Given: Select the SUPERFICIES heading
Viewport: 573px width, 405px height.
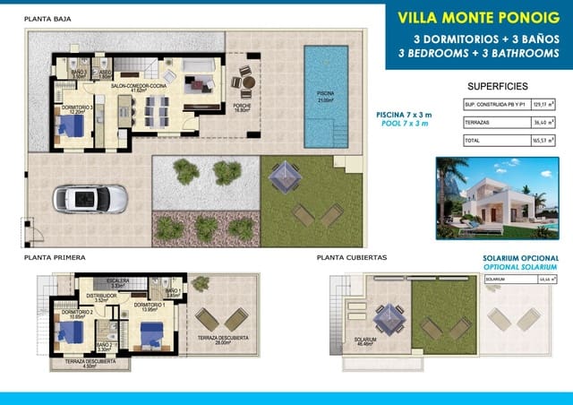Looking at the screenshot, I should click(x=499, y=86).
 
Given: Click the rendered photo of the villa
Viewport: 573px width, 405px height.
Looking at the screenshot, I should click(x=495, y=199).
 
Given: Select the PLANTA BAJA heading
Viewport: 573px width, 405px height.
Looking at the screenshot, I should click(x=49, y=18).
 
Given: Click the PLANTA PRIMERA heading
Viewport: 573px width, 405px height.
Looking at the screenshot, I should click(x=56, y=257).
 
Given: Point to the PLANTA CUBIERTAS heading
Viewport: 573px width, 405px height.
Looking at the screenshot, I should click(x=352, y=257).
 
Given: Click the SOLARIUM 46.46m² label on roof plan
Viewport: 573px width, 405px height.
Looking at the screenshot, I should click(x=365, y=341).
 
